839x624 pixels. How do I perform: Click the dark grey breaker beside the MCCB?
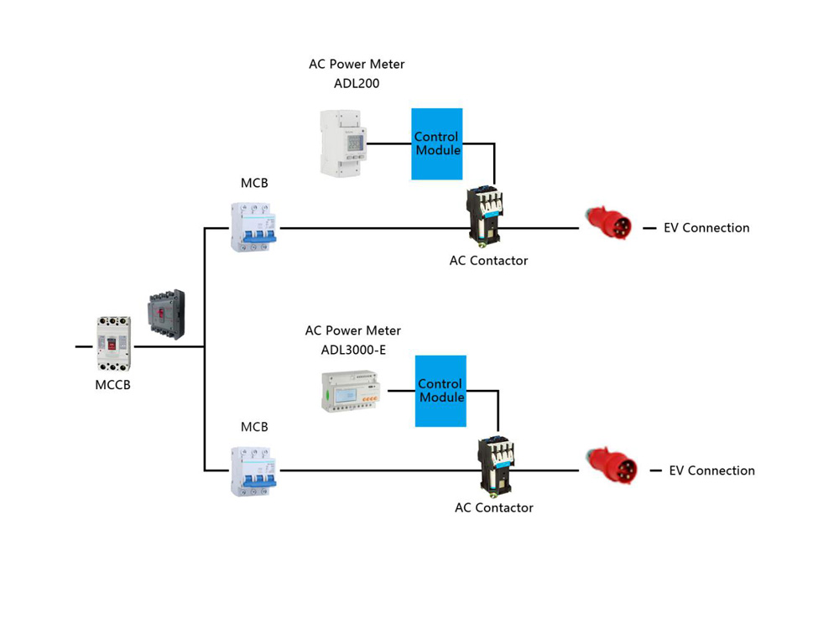point(165,315)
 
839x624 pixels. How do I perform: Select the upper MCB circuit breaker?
point(254,226)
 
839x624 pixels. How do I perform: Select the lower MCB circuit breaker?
point(254,471)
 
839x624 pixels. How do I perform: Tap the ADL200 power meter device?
point(343,143)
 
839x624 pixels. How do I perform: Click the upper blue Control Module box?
point(436,143)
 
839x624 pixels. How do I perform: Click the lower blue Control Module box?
point(440,391)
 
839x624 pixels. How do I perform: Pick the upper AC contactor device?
point(484,216)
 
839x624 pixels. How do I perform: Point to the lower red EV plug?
point(612,469)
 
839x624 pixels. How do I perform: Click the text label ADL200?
point(357,83)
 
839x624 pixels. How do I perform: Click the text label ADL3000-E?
point(353,350)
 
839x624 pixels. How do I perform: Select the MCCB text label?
point(112,386)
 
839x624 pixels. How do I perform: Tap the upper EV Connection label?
point(706,228)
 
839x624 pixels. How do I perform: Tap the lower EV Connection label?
point(711,471)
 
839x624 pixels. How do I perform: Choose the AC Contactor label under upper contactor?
point(488,261)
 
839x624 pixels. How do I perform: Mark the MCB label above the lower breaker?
point(254,427)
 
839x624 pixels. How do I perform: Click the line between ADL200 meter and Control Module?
point(388,143)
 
